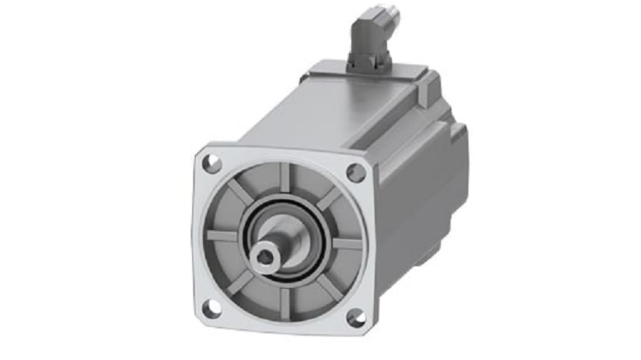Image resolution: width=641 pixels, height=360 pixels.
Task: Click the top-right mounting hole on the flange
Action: (x=356, y=173)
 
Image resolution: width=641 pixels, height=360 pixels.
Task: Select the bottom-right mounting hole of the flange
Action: (x=357, y=318)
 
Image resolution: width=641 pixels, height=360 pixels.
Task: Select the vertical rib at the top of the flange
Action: (x=284, y=177)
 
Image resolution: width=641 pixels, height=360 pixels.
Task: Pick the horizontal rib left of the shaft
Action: (x=222, y=235)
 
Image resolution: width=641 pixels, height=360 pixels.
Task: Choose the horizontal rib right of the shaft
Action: (x=347, y=244)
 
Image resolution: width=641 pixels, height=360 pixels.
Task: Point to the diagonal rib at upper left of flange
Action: (x=240, y=191)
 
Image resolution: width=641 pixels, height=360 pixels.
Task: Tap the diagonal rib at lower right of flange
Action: (x=330, y=287)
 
